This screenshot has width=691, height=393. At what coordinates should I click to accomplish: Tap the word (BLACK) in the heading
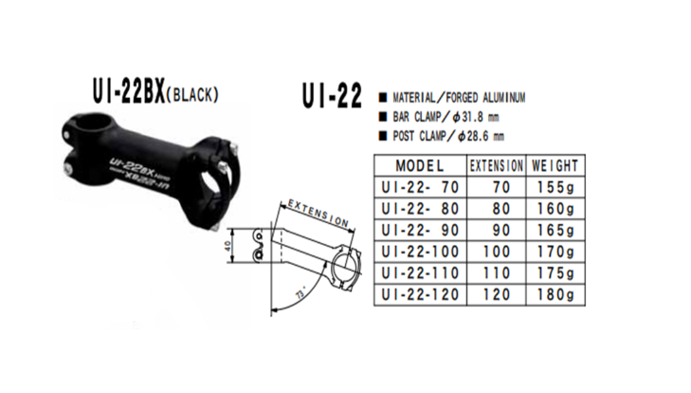tap(193, 94)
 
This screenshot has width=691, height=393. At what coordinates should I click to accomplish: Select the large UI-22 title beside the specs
tap(331, 97)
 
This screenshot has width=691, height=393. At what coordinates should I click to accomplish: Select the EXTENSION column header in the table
tap(497, 164)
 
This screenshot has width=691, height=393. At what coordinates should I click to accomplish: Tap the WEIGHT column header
tap(555, 164)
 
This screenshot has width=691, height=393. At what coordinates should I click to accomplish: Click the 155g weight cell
tap(555, 186)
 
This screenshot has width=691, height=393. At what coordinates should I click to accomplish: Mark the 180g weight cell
tap(555, 295)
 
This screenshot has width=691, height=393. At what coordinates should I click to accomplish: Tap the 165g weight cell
tap(555, 230)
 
